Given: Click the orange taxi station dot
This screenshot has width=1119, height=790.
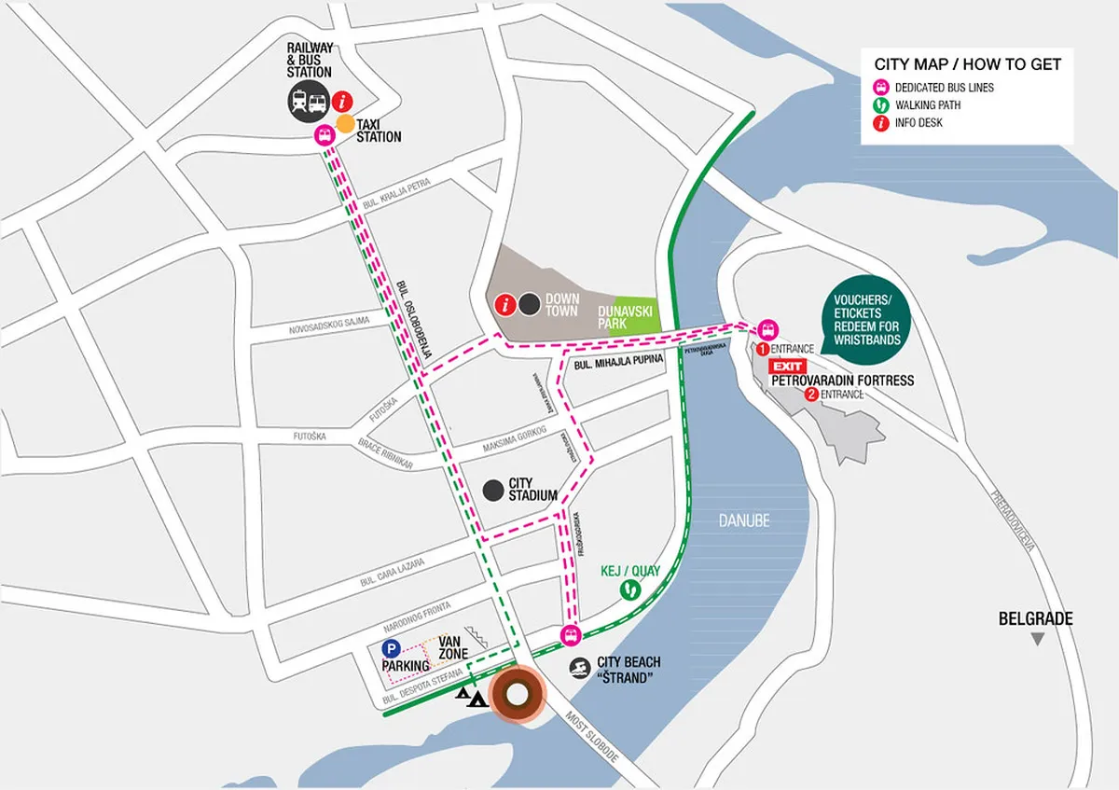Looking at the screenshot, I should coord(345,123).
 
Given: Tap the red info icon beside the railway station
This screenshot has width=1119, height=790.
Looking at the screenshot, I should coord(343,100).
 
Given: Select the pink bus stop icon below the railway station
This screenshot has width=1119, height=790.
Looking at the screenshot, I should coord(323,135).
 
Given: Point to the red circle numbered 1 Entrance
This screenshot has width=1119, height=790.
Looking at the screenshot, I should coord(762,349).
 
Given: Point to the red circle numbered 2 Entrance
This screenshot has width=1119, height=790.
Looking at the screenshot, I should coord(811,395).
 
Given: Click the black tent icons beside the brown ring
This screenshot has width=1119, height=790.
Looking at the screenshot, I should coord(471,696).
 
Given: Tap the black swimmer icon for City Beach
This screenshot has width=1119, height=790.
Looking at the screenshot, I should coord(580,668).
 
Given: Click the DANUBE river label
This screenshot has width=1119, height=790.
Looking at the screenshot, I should coord(744,520).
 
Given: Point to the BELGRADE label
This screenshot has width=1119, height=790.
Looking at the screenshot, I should coord(1035,618).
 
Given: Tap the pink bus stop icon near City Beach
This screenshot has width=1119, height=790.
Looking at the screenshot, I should coord(571,636).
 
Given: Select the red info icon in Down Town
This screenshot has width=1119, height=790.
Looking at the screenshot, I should coord(505,304).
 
